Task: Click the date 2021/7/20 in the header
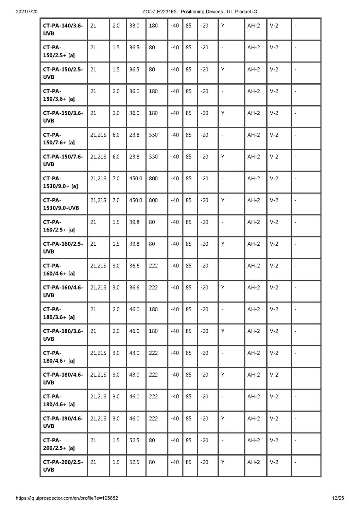click(x=27, y=12)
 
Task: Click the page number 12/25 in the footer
click(x=338, y=498)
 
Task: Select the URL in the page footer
click(x=67, y=498)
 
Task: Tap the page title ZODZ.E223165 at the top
click(x=200, y=12)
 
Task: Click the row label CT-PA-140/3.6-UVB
click(x=63, y=29)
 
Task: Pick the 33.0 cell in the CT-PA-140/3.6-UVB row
click(x=134, y=26)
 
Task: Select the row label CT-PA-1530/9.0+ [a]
click(x=61, y=182)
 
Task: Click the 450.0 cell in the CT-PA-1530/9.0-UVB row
click(x=136, y=200)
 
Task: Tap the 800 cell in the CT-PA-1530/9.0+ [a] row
click(x=153, y=179)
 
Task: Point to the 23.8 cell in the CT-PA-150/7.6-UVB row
click(x=134, y=157)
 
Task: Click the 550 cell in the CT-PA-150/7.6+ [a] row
click(x=153, y=135)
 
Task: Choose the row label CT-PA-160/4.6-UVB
click(x=63, y=291)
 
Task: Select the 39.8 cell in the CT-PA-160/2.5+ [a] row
click(x=134, y=222)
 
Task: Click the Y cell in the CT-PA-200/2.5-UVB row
click(x=223, y=462)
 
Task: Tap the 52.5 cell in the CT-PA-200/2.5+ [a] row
click(x=134, y=440)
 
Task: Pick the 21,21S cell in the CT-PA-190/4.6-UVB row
click(x=98, y=418)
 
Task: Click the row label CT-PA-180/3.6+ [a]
click(x=59, y=313)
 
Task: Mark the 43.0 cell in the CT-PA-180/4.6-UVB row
click(x=134, y=375)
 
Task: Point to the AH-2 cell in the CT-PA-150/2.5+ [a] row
click(x=254, y=48)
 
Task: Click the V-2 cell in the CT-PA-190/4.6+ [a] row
click(x=274, y=397)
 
